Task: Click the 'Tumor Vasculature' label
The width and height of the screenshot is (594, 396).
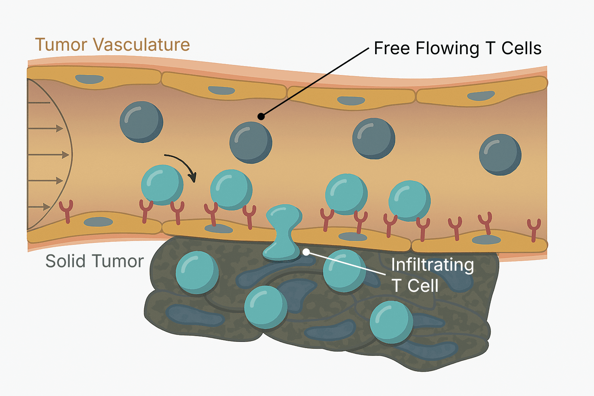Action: click(112, 45)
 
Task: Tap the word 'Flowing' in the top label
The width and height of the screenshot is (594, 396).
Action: click(447, 49)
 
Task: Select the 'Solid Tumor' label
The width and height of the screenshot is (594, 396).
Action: click(94, 262)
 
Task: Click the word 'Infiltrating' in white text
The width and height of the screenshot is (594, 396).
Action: click(432, 265)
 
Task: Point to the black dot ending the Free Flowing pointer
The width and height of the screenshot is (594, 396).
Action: click(261, 116)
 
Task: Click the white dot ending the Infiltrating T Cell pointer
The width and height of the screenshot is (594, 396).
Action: click(306, 252)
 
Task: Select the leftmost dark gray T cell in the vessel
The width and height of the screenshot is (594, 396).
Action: click(141, 122)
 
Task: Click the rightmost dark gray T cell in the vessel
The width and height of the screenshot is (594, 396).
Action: click(500, 155)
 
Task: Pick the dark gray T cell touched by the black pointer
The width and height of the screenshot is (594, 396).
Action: click(251, 142)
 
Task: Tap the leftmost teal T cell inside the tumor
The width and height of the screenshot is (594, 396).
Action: click(197, 272)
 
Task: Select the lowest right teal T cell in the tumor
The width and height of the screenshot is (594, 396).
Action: click(391, 322)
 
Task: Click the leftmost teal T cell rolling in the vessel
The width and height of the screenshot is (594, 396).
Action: click(162, 185)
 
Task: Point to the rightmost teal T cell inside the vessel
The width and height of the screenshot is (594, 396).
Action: click(409, 201)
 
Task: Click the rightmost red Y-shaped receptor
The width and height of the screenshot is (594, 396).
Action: click(534, 229)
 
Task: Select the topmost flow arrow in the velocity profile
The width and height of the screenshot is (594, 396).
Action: click(39, 103)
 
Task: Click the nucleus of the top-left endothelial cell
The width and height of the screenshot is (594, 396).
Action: click(89, 79)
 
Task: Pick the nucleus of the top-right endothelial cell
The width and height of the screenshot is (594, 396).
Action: click(481, 95)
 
